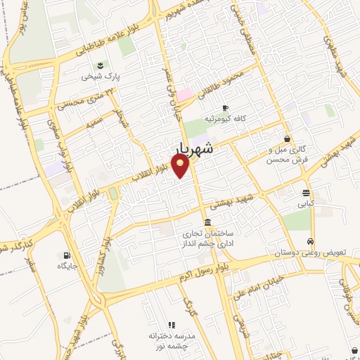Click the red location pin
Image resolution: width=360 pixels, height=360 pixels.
coord(181,166)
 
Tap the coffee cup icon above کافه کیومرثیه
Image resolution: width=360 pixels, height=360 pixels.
coord(225,108)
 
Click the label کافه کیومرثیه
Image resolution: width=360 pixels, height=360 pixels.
coord(225,119)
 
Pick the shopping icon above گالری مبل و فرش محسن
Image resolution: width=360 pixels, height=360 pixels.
coord(287,139)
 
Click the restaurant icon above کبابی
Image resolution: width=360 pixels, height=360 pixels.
coord(307,193)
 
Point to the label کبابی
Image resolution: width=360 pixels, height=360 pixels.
coord(307,203)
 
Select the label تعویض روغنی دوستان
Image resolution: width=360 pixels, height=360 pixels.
coord(308,251)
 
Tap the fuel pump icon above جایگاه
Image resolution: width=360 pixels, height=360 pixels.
coord(66,255)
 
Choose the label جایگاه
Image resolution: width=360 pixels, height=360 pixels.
coord(67,266)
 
